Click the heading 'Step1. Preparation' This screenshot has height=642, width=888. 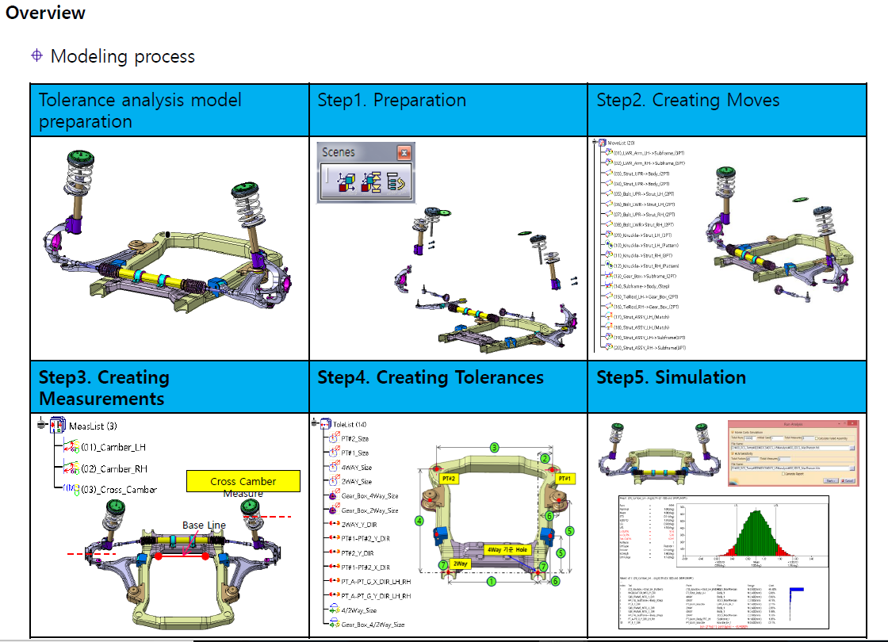[392, 101]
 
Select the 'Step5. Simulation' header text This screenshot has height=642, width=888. [671, 377]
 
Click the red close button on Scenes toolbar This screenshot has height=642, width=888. [404, 152]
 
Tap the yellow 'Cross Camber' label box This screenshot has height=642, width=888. [243, 481]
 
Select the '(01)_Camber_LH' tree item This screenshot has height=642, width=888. [113, 446]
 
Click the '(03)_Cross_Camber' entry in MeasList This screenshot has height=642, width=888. [118, 489]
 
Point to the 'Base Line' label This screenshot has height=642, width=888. [204, 525]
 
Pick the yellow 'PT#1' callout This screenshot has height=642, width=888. [565, 479]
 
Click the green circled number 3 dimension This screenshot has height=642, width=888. [494, 448]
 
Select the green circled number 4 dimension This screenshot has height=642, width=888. [419, 521]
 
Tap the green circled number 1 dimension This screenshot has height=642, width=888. [492, 581]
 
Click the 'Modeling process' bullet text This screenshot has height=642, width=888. [122, 56]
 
